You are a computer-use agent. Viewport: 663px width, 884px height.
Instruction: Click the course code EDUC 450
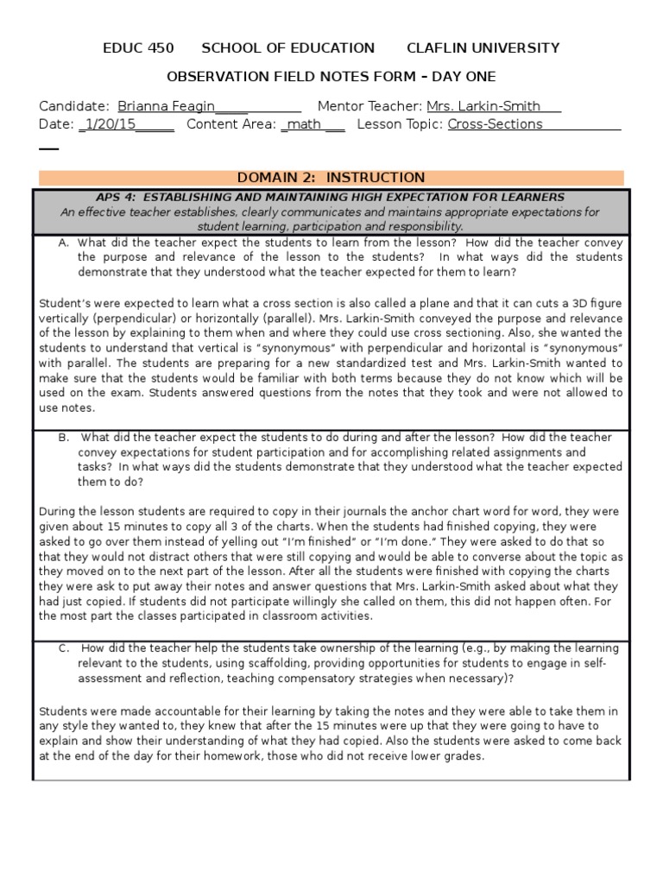coord(137,48)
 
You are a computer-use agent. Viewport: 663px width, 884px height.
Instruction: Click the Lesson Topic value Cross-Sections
coord(495,124)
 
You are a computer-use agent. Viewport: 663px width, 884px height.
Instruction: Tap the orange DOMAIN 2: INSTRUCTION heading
coord(331,178)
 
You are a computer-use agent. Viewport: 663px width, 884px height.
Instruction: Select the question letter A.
coord(64,243)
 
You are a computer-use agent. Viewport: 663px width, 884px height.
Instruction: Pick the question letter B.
coord(64,438)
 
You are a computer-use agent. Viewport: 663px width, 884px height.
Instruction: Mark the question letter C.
coord(64,648)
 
